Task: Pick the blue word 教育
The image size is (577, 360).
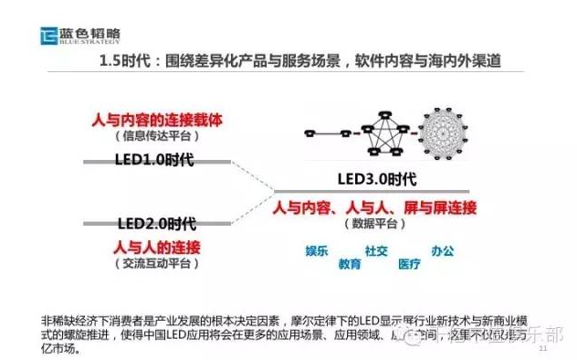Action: [350, 264]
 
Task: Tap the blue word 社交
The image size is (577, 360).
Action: [377, 250]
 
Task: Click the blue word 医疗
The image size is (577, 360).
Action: [408, 264]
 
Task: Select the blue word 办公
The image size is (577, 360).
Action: [443, 250]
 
